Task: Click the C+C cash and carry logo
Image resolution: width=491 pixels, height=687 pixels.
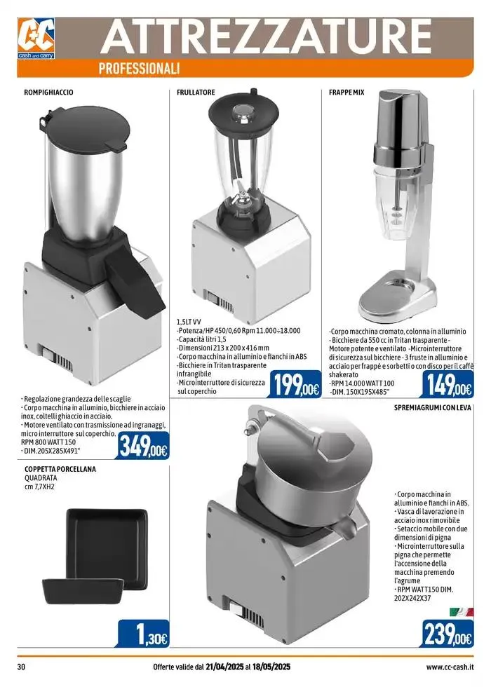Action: [x=36, y=38]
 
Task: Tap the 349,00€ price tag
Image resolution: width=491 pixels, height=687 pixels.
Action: [x=142, y=446]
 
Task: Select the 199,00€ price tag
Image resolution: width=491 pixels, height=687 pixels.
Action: [x=295, y=384]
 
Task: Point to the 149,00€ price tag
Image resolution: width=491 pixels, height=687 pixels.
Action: [x=448, y=384]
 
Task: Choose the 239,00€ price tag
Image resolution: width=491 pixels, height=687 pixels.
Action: [x=448, y=633]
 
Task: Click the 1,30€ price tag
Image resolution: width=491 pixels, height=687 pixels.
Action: [x=143, y=633]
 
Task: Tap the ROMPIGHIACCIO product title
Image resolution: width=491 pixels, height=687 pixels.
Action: [x=48, y=93]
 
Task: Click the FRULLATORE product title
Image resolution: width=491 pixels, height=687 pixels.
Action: [x=196, y=93]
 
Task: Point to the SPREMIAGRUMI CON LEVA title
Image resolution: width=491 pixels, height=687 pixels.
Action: [x=433, y=407]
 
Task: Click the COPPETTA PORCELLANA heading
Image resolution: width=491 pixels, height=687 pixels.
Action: [x=60, y=469]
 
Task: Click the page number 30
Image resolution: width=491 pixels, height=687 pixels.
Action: [x=21, y=667]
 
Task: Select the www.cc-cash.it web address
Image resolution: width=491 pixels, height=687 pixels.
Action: [x=450, y=667]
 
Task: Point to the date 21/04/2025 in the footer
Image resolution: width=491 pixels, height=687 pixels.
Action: [x=224, y=667]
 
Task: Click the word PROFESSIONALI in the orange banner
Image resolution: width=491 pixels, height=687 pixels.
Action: [x=140, y=69]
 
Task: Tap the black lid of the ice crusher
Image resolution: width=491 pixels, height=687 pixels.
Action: [x=83, y=127]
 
